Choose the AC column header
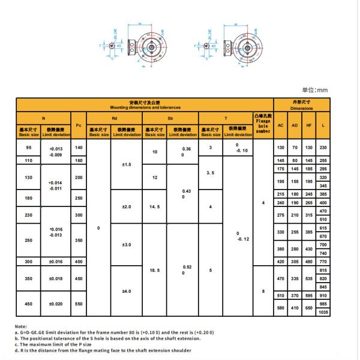click(x=281, y=125)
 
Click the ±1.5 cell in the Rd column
click(x=127, y=164)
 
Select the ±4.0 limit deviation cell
click(x=127, y=291)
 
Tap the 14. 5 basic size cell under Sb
click(x=154, y=206)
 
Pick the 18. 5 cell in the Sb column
click(x=154, y=271)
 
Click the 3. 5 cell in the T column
click(x=211, y=173)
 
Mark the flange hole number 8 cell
click(x=263, y=291)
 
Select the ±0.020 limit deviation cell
click(x=56, y=304)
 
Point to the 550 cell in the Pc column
click(x=79, y=304)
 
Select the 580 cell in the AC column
click(x=281, y=308)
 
